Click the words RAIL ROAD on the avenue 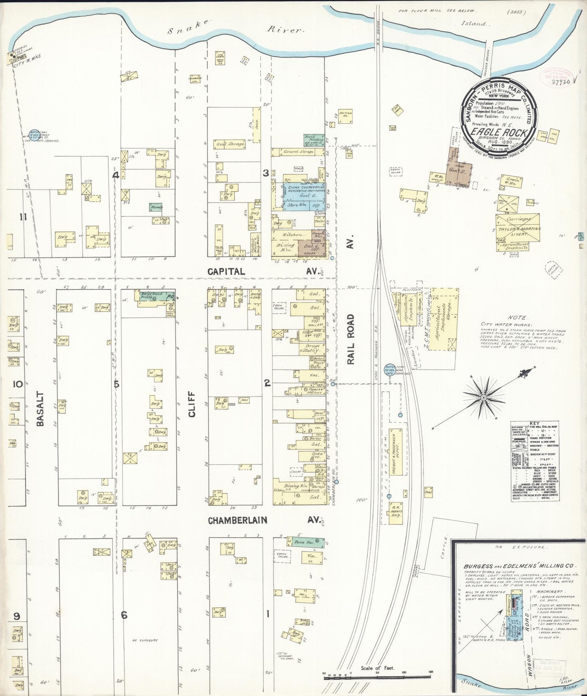(352, 339)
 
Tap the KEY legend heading (534, 423)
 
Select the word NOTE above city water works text (516, 318)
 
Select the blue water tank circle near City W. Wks (34, 134)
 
